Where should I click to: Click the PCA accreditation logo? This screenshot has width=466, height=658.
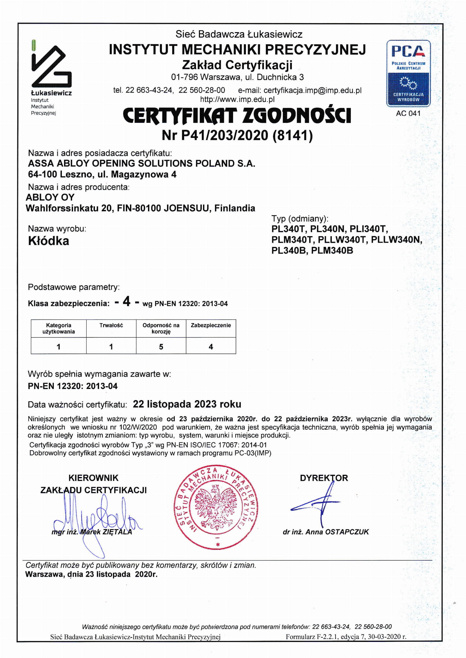coord(408,73)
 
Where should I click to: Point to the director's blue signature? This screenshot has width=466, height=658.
coord(319,505)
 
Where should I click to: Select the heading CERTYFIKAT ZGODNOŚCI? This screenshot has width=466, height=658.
coord(237,116)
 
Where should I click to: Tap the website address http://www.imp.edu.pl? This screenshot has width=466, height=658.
coord(237,99)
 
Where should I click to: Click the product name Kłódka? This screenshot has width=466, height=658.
coord(49,241)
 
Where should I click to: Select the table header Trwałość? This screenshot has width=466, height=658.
coord(111,325)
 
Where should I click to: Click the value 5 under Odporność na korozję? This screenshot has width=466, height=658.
coord(161,347)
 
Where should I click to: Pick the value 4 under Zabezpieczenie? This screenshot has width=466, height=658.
coord(211,347)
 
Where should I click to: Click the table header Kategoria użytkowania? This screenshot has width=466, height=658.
coord(59,328)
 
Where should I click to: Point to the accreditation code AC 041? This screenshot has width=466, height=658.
coord(408,113)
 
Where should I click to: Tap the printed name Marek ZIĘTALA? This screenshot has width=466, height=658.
coord(106,532)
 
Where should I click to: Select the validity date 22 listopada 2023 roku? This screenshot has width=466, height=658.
coord(187,404)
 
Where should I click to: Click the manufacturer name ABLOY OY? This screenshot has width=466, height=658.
coord(50,197)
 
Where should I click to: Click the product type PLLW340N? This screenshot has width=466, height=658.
coord(396,240)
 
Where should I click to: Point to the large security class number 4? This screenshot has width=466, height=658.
coord(127,302)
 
